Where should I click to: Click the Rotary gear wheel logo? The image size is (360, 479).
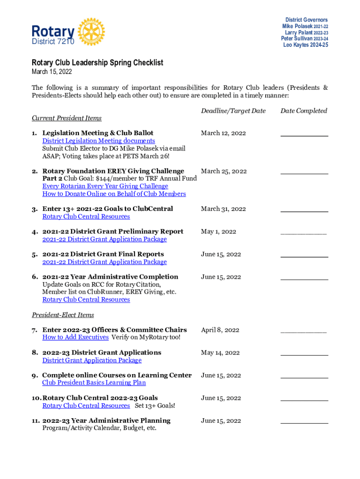(92, 32)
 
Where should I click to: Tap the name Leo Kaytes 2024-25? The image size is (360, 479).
(305, 45)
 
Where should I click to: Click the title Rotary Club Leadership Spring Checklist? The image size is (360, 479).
(97, 63)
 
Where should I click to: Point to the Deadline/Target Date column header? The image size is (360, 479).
(233, 111)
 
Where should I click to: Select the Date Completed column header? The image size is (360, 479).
(303, 111)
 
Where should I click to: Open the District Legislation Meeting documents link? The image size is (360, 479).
(99, 141)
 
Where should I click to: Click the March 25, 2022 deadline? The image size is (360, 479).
(223, 171)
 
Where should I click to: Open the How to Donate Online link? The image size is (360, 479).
(114, 194)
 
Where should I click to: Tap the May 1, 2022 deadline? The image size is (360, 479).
(218, 232)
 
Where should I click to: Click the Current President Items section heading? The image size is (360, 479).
(66, 118)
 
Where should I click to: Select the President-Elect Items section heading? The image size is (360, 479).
(63, 315)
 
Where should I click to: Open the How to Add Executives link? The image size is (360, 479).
(75, 337)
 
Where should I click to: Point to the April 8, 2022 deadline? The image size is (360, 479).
(219, 330)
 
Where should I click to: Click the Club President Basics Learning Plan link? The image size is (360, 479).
(94, 383)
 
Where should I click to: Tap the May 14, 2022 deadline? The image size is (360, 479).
(220, 353)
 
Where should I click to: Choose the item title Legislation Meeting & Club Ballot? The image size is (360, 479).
(98, 133)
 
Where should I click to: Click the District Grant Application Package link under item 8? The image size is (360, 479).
(92, 360)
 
